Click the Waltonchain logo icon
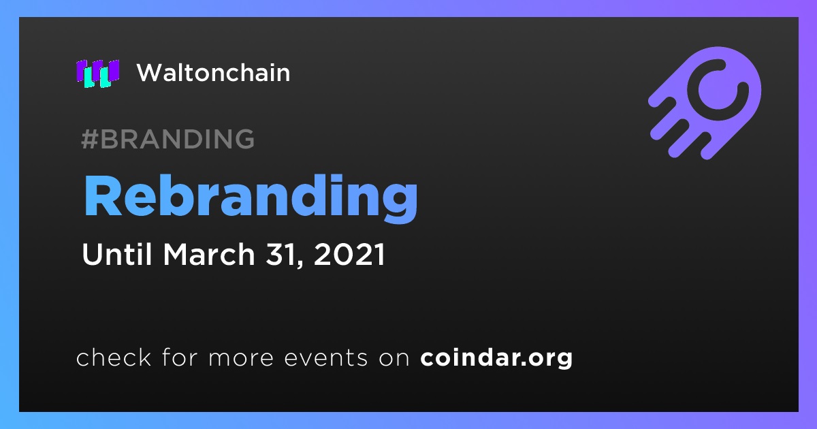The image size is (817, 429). [98, 74]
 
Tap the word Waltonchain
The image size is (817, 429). [213, 73]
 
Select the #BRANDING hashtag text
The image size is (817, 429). [167, 139]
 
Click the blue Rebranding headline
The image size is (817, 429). [251, 197]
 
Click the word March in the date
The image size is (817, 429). [208, 254]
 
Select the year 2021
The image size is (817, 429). [349, 254]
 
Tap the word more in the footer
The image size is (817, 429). [241, 359]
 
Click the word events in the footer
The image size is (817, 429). [325, 358]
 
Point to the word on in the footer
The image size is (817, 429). [394, 359]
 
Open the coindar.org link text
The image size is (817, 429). [496, 358]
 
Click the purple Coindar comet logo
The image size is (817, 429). [705, 103]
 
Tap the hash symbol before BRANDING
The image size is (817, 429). [89, 139]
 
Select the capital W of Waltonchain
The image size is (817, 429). [152, 73]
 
